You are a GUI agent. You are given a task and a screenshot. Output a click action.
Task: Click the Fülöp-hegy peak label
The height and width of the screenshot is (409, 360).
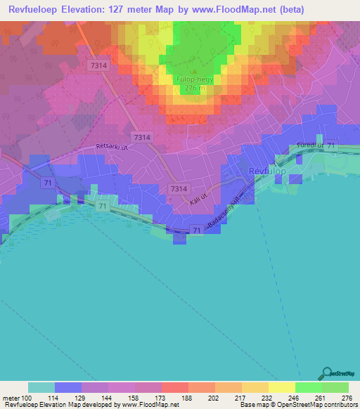(x=191, y=80)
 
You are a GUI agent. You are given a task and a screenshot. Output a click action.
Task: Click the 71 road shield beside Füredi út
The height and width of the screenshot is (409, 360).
(x=331, y=144)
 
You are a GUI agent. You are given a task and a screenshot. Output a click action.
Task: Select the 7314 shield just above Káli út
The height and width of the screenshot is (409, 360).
(x=179, y=189)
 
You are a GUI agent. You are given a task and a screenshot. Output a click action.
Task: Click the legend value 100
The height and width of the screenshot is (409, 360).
(x=28, y=397)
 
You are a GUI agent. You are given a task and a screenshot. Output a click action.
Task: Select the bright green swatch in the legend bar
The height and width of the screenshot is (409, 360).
(x=309, y=387)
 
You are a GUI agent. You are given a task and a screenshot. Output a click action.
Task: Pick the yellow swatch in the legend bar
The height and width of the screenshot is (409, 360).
(x=282, y=387)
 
